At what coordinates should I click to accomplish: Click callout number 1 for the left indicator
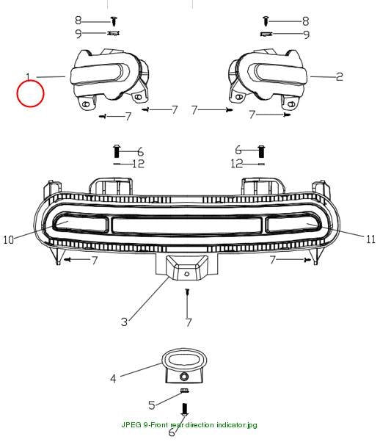point(28,76)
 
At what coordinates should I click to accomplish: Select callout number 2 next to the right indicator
point(340,76)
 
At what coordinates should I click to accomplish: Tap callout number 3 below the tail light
point(124,322)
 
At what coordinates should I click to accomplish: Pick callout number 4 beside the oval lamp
point(113,378)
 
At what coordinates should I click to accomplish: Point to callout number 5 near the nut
point(152,405)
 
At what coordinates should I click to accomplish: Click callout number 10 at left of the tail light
point(9,239)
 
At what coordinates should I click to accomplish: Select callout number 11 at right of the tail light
point(370,239)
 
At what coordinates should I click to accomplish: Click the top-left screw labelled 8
point(114,21)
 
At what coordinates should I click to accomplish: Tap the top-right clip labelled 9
point(266,34)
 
